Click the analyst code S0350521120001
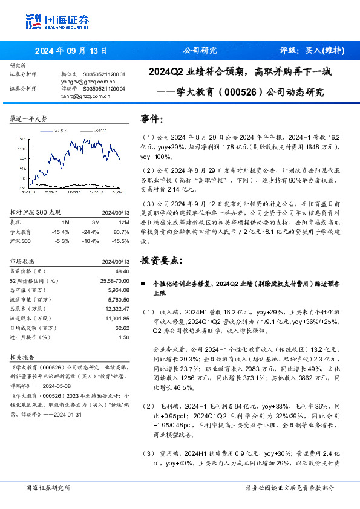click(104, 74)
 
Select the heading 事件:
click(151, 119)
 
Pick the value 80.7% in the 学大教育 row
click(121, 232)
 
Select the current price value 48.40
click(122, 272)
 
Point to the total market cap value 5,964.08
click(119, 290)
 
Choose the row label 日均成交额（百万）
click(34, 328)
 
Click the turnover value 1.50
click(124, 337)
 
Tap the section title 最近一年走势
click(29, 119)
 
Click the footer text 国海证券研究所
click(48, 488)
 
